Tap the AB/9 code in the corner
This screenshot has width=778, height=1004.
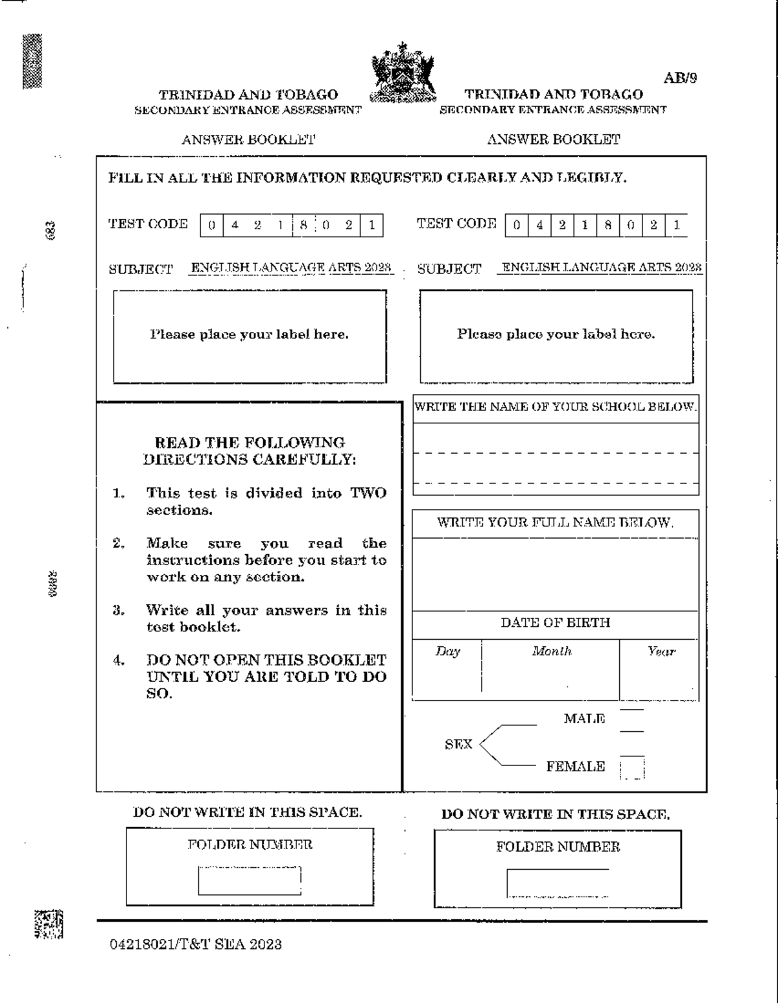(680, 78)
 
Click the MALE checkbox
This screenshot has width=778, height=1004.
(632, 720)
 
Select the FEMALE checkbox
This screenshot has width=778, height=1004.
(632, 767)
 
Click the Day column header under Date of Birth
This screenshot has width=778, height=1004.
(447, 651)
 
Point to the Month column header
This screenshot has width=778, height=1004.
(552, 651)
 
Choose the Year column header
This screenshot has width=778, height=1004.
(661, 651)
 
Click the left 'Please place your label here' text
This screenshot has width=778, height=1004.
(250, 334)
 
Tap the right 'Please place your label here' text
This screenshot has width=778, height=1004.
(556, 334)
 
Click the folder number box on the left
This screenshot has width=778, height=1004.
(250, 881)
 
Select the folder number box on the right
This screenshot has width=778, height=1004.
(558, 883)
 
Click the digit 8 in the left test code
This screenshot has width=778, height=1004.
(303, 226)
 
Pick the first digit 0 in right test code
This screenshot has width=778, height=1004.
(516, 226)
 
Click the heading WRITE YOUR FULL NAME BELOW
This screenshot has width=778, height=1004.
(555, 523)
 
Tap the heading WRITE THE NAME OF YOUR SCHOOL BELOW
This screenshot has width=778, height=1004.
(556, 407)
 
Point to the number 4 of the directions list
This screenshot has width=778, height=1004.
(119, 660)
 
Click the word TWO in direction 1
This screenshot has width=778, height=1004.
(368, 493)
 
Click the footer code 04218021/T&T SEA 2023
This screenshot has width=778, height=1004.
(196, 944)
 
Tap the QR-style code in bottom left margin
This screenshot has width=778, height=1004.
(49, 924)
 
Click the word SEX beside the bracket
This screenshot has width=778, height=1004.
(458, 744)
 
